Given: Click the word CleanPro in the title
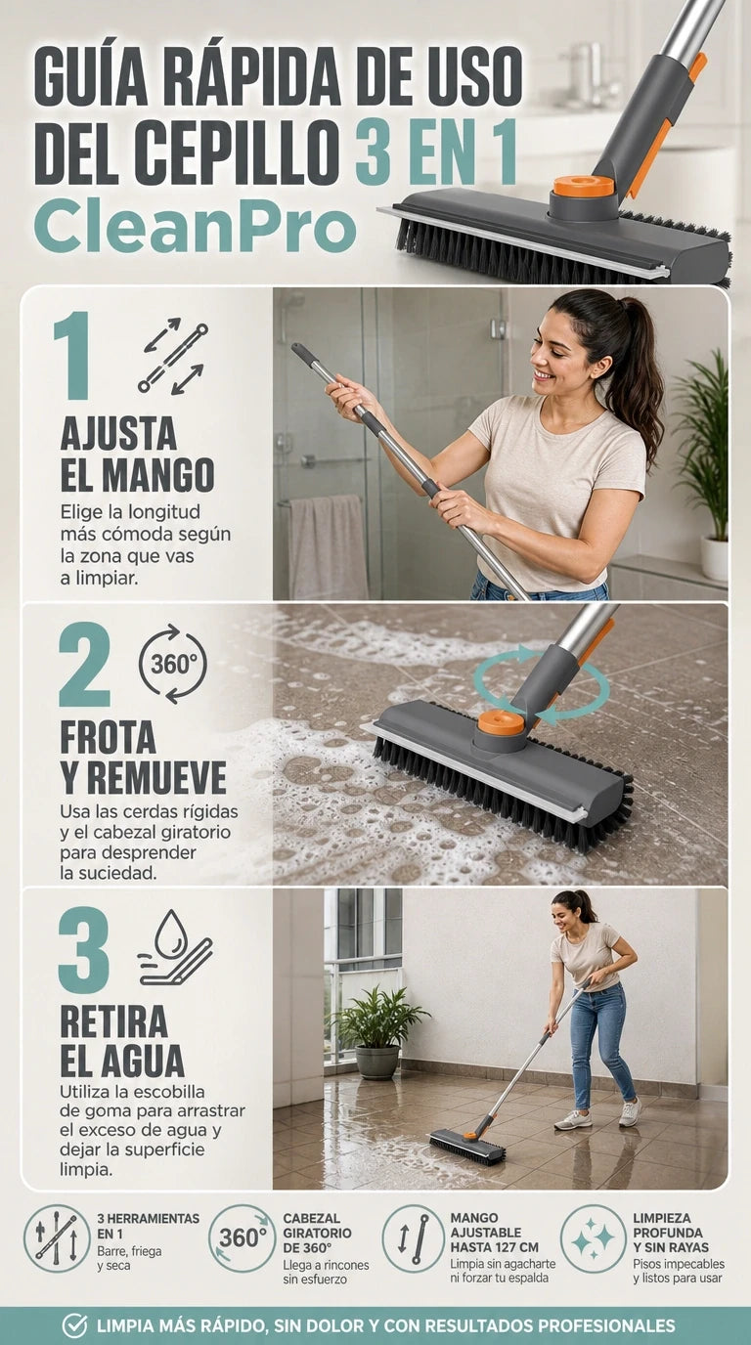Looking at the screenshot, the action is coord(196,230).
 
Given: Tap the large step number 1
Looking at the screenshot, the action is coord(72,355).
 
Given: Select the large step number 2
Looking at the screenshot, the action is coord(84,665).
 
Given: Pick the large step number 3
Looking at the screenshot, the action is coord(84,950).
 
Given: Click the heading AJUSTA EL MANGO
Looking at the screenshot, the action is coord(137,454).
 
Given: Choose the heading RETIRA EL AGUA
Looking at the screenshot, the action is coord(122,1041).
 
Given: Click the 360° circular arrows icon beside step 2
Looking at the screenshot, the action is coord(173,664).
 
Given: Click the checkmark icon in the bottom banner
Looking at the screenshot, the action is coord(74,1325).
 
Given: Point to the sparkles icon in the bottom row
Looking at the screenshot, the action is coord(594,1237).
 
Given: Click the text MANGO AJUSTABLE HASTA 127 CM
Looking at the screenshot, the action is coord(495,1233).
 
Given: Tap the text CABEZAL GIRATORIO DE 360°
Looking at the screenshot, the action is coord(317,1233).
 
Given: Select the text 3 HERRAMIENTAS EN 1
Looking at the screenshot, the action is coord(149,1226).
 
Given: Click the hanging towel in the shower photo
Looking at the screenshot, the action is coord(328,547).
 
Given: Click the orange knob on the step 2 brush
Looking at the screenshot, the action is coord(501,722).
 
